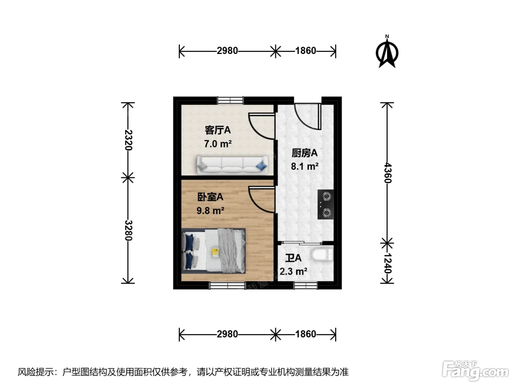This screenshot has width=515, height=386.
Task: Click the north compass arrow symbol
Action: (387, 52)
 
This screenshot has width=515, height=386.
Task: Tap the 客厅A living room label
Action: (218, 130)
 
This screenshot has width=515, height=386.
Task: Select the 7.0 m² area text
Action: (218, 143)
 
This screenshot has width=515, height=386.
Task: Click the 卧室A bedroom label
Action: (210, 197)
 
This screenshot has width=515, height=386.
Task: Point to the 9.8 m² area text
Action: (210, 210)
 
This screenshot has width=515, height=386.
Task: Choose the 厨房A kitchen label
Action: (305, 153)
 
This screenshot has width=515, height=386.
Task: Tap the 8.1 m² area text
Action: (305, 167)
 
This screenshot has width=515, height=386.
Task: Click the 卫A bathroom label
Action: (293, 258)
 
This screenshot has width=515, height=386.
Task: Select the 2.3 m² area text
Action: (294, 271)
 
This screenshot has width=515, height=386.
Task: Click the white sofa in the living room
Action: (232, 165)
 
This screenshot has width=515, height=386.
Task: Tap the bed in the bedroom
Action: (213, 251)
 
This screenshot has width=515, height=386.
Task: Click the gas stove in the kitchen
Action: (326, 204)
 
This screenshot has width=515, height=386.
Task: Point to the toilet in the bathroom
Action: (323, 255)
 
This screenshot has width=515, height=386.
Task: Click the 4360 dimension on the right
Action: (387, 173)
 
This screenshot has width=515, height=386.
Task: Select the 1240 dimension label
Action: (387, 264)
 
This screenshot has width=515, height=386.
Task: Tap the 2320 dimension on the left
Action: (128, 140)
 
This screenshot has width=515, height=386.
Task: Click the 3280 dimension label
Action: (128, 230)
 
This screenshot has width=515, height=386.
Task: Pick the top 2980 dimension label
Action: (227, 51)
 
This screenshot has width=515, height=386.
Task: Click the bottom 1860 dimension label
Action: (306, 334)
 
